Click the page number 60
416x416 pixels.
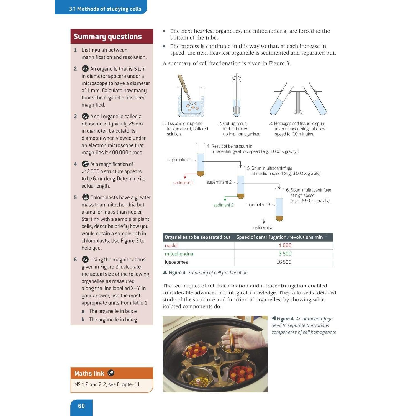pos(81,406)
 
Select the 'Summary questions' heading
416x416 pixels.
pos(107,37)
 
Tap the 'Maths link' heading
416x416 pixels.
pos(89,373)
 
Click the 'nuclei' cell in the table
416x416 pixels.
pos(171,245)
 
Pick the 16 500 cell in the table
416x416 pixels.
pos(284,262)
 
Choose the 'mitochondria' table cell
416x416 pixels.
pos(179,254)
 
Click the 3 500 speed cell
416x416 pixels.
pos(285,254)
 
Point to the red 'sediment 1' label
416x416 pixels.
pos(183,183)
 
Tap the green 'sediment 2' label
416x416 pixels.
pos(224,205)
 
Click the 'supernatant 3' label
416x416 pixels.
pos(258,204)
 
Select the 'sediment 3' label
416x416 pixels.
pos(262,227)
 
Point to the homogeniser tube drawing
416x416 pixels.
pos(237,96)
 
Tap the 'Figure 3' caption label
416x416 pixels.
pos(177,273)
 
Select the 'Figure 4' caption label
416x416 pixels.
pos(285,319)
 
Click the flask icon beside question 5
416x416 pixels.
pos(85,197)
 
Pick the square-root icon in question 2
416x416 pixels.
pos(85,69)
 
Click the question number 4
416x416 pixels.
pos(75,164)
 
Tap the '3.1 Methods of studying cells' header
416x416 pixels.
pos(105,9)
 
